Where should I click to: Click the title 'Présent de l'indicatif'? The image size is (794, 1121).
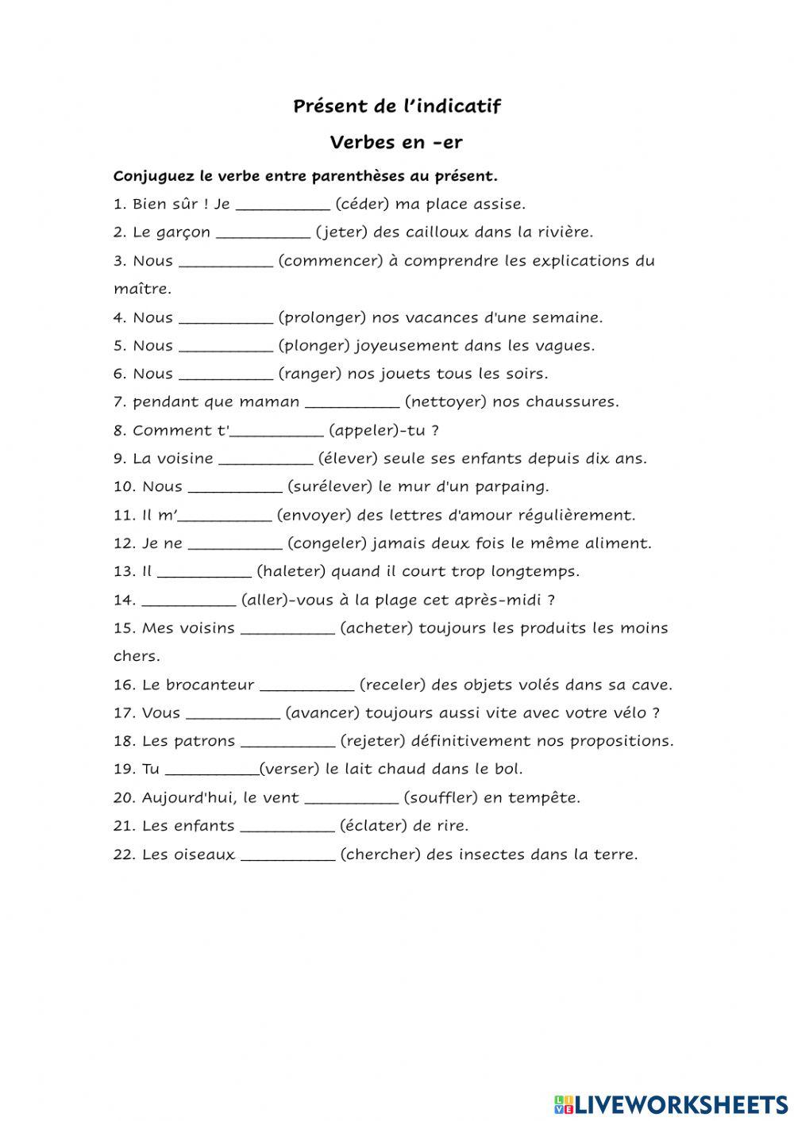tap(397, 106)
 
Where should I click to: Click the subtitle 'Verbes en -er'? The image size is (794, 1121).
tap(396, 143)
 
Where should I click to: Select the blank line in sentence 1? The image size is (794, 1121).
tap(283, 205)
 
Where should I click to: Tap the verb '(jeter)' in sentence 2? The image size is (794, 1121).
tap(342, 232)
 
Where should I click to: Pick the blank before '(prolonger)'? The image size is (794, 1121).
tap(225, 319)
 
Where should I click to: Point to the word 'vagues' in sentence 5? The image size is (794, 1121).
tap(568, 346)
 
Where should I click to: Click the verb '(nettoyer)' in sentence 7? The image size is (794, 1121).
tap(445, 402)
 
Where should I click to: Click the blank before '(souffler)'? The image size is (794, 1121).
tap(351, 799)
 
